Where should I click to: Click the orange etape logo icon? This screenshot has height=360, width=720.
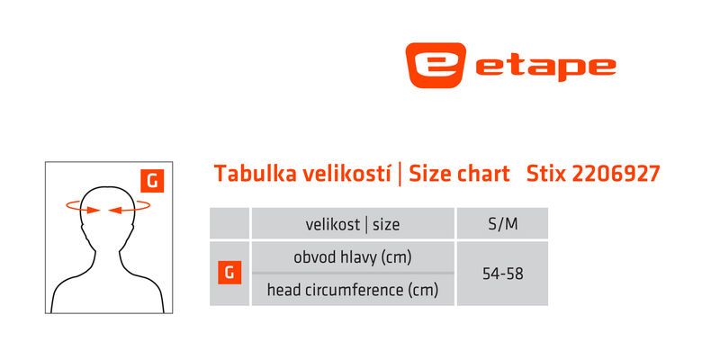tap(436, 65)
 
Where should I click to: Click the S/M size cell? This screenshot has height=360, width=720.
tap(502, 223)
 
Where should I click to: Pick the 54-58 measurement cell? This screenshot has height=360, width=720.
tap(502, 274)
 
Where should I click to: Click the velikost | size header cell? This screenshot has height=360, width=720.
tap(353, 223)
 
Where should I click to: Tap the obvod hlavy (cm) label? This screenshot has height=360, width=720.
tap(353, 257)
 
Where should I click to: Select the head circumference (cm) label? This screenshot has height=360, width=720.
tap(353, 290)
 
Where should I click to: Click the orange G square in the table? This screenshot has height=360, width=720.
tap(229, 273)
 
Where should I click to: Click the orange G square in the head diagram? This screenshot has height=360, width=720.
tap(152, 182)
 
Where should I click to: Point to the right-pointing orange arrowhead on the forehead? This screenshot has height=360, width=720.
tap(94, 210)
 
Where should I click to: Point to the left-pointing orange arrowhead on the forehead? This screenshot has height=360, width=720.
tap(115, 210)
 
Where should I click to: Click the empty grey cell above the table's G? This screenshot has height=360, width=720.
tap(229, 223)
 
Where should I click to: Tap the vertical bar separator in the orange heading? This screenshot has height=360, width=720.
tap(400, 175)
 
